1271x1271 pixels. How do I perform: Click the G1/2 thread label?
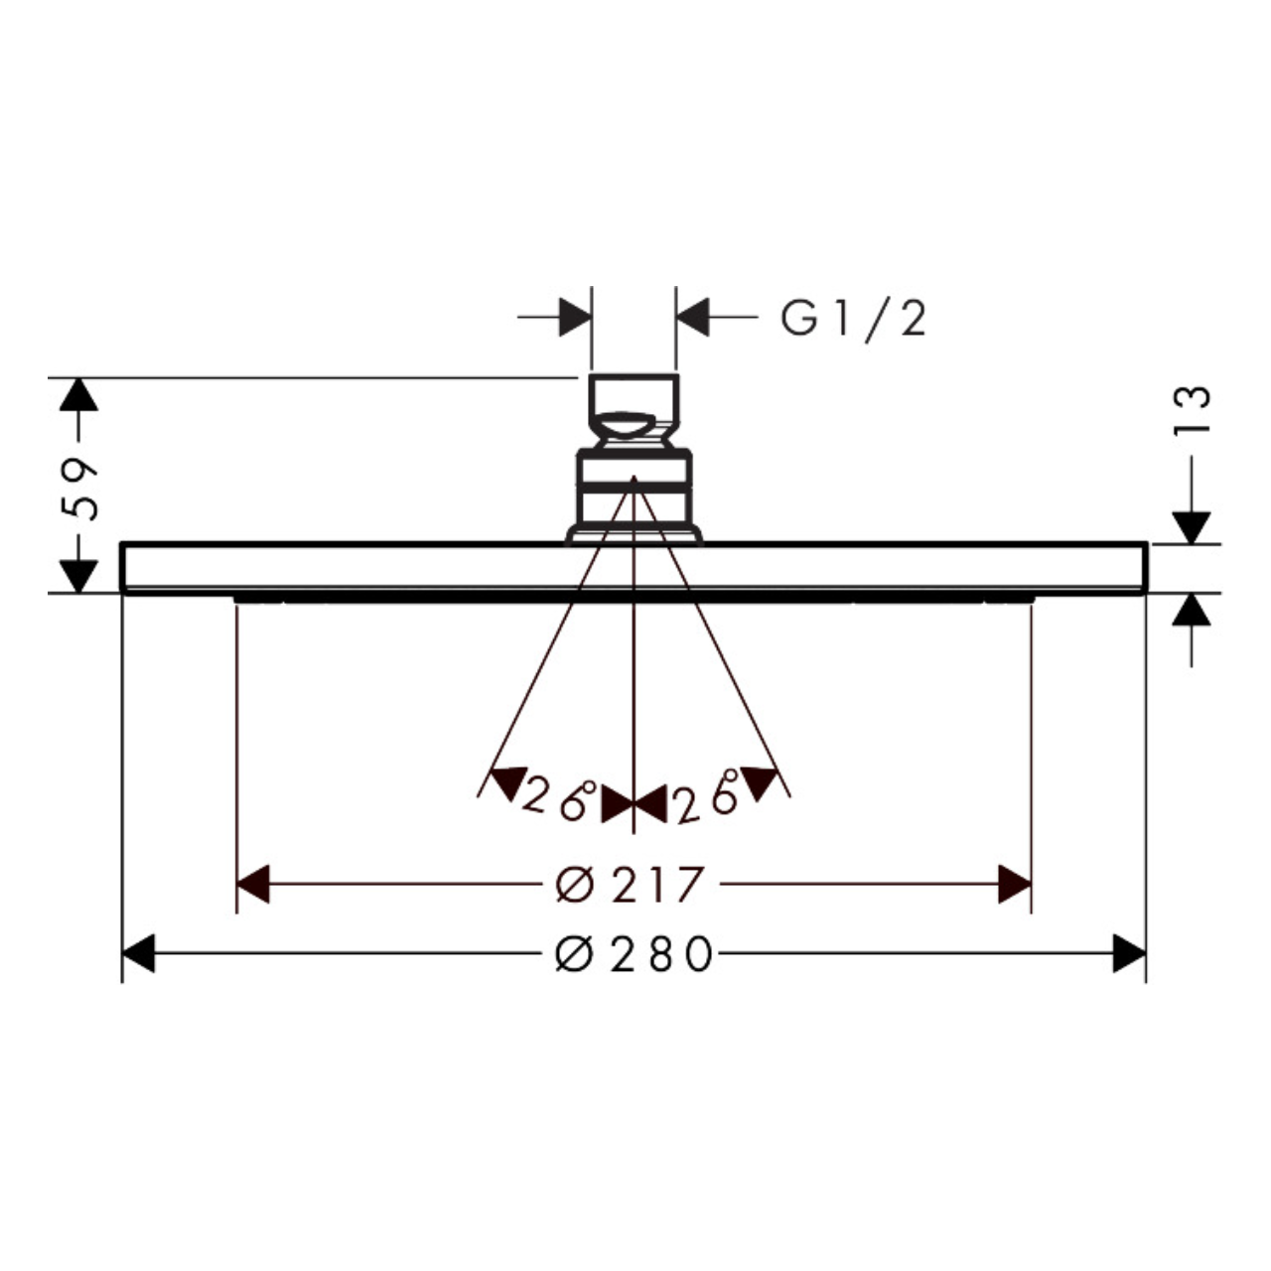[x=853, y=320]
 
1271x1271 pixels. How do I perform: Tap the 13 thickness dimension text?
[x=1193, y=409]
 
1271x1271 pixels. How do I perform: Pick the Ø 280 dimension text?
[x=634, y=953]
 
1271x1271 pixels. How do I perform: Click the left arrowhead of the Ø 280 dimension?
[x=138, y=953]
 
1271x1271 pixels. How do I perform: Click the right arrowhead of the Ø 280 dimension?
[x=1129, y=953]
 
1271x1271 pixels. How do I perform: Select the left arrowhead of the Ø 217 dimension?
[x=252, y=884]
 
